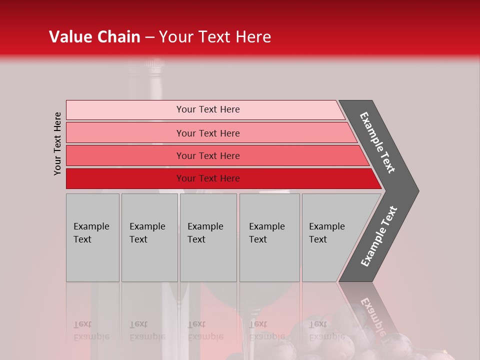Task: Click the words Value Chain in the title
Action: click(x=94, y=37)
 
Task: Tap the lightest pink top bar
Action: click(x=125, y=109)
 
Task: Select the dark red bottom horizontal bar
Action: click(x=125, y=178)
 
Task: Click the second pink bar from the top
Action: click(x=125, y=133)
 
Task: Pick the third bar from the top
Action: click(x=125, y=155)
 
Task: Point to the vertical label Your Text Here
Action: click(x=57, y=143)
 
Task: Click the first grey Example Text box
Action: click(x=92, y=237)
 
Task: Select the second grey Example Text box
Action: click(x=149, y=237)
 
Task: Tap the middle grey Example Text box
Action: click(x=208, y=237)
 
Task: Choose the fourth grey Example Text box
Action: click(x=269, y=237)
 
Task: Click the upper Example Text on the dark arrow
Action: click(x=378, y=143)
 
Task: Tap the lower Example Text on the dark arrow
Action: click(x=379, y=236)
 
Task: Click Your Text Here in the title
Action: click(x=215, y=37)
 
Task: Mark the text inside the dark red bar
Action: click(x=208, y=178)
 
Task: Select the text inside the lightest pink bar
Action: click(x=208, y=109)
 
